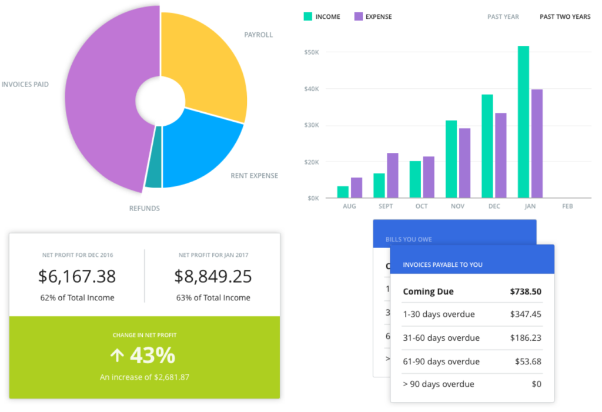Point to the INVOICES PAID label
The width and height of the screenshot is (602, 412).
pos(25,85)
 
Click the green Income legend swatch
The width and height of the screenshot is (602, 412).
pos(307,16)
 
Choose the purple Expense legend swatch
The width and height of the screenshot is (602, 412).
pos(358,16)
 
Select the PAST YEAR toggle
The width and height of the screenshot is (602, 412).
pos(503,17)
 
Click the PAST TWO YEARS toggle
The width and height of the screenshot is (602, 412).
pos(565,17)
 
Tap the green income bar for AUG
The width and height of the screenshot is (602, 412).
pos(343,192)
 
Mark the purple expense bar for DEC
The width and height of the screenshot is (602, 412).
pos(500,155)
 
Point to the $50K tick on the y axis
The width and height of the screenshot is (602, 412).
pos(311,52)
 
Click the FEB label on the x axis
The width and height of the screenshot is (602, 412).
pos(567,207)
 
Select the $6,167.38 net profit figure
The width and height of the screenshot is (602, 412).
pos(77,276)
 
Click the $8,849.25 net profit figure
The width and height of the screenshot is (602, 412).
pos(213,276)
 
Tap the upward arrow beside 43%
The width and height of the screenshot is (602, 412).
pos(118,356)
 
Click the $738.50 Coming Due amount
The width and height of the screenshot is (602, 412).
pos(525,292)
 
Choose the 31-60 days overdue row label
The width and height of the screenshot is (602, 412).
pos(441,338)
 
